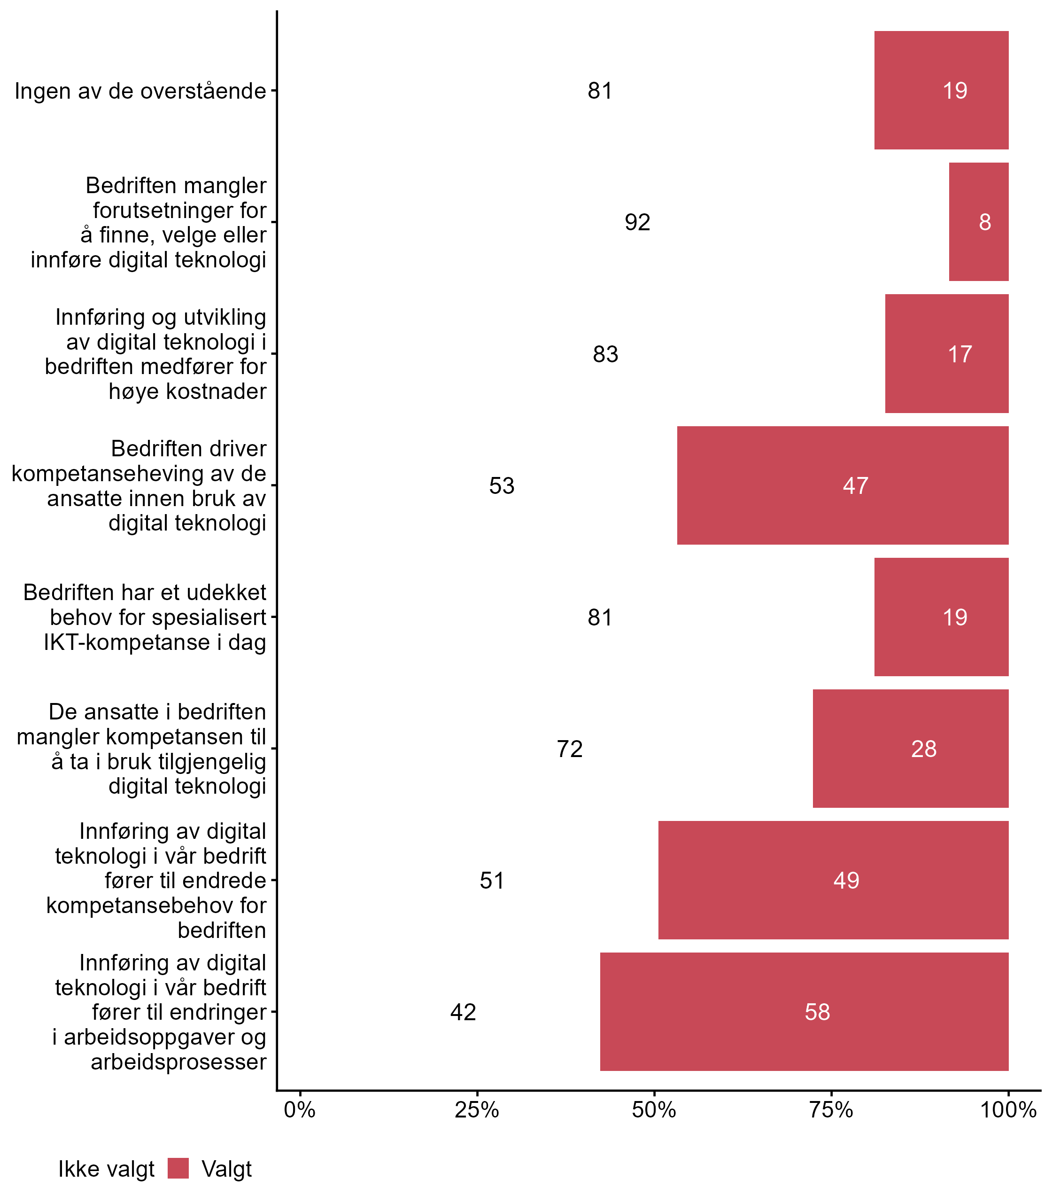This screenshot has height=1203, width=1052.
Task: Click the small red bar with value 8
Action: point(979,222)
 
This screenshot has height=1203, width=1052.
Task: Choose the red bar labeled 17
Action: point(946,353)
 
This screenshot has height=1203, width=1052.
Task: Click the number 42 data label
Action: point(463,1012)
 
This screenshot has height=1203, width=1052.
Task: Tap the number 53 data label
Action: point(502,486)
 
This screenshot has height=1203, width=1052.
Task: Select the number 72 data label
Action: point(569,749)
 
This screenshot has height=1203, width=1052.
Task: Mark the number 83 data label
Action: point(605,354)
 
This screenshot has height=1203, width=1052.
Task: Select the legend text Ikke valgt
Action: point(106,1169)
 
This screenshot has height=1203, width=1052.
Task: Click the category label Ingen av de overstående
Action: point(140,91)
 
